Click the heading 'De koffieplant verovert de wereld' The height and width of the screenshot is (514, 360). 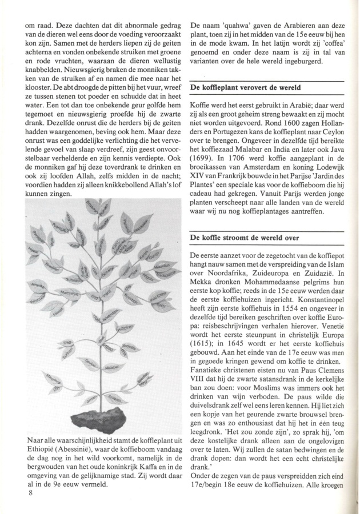[x=246, y=88]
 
